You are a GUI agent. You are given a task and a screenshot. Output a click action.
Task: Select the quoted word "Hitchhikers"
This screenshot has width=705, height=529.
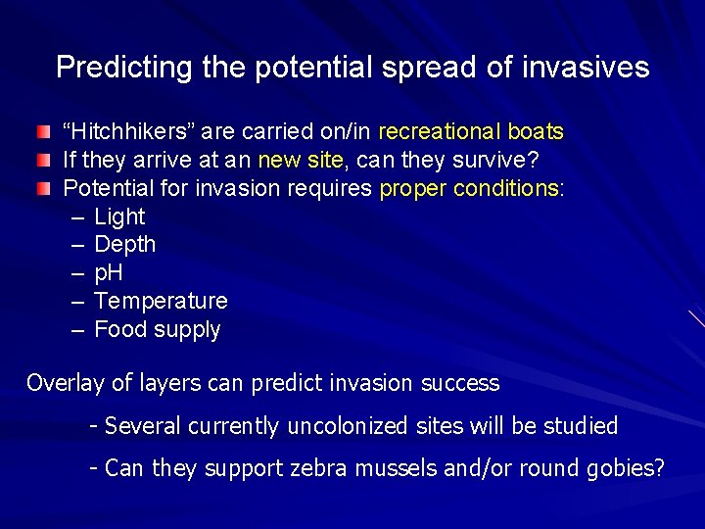[x=120, y=131]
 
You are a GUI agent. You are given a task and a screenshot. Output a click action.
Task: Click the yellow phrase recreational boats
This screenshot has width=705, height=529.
[x=470, y=131]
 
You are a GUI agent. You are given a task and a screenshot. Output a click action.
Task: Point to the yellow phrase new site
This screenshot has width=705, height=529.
[x=299, y=159]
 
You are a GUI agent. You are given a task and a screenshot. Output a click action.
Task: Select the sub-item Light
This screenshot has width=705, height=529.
[x=119, y=216]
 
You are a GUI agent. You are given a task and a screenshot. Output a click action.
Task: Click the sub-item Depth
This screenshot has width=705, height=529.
[x=124, y=244]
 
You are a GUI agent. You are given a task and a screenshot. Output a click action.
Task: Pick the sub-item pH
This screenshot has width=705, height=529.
[x=108, y=272]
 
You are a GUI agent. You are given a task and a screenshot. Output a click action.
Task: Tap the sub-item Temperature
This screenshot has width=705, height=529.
[x=161, y=301]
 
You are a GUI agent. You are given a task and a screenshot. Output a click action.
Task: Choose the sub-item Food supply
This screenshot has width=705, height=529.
[x=157, y=329]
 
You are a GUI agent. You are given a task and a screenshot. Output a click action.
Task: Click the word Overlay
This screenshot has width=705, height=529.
[x=65, y=383]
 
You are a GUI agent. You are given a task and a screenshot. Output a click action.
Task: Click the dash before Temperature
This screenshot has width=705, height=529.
[x=78, y=301]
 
